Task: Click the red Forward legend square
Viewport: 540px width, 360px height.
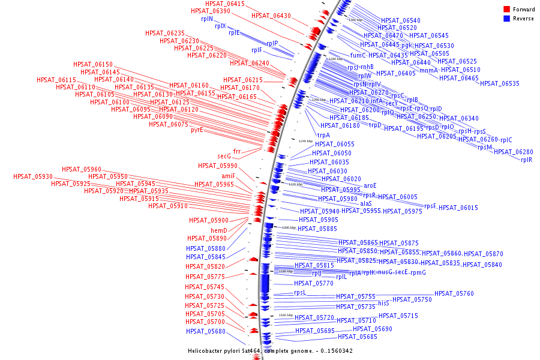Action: point(506,10)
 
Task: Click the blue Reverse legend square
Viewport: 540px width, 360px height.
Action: point(506,19)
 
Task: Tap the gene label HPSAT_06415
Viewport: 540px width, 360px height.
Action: point(225,4)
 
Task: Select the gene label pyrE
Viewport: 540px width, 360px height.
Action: point(197,130)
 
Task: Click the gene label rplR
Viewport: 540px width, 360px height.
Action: point(526,160)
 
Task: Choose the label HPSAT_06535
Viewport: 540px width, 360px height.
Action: point(500,83)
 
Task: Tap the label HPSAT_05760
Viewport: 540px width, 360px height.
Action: point(454,293)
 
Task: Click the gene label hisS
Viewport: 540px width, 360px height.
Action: point(383,304)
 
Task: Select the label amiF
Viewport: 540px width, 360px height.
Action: point(229,176)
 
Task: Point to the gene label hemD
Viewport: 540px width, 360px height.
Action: point(218,230)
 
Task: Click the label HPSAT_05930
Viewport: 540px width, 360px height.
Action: point(33,176)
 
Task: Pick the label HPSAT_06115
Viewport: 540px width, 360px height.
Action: point(56,80)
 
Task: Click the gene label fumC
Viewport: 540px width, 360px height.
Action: point(358,55)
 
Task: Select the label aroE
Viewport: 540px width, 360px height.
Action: point(370,185)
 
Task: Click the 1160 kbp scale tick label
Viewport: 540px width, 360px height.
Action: point(286,315)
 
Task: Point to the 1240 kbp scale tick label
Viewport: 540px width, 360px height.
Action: point(305,141)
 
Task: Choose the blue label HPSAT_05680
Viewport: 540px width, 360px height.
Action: point(206,331)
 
